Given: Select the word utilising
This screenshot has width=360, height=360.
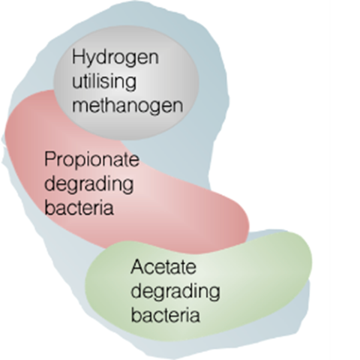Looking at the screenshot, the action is tap(104, 82).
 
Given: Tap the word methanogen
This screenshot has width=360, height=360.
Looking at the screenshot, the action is tap(127, 106).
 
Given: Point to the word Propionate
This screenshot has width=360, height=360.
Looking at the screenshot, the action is tap(91, 160).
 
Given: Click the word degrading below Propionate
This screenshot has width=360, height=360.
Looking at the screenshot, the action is tap(88, 184).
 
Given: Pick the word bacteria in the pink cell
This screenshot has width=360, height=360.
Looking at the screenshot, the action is tap(79, 207).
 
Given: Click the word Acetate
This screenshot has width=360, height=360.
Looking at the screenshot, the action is tap(163, 267).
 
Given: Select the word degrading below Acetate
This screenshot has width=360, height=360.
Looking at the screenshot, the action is tap(175, 292).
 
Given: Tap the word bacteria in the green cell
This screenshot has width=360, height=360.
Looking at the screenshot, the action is tap(166, 314).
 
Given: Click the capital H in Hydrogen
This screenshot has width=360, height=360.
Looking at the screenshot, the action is tap(78, 57).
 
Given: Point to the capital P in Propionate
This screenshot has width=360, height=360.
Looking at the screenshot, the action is tap(49, 159).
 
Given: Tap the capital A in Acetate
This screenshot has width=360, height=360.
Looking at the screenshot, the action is tap(137, 267).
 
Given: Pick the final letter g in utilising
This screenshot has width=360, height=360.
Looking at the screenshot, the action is tap(131, 85).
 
